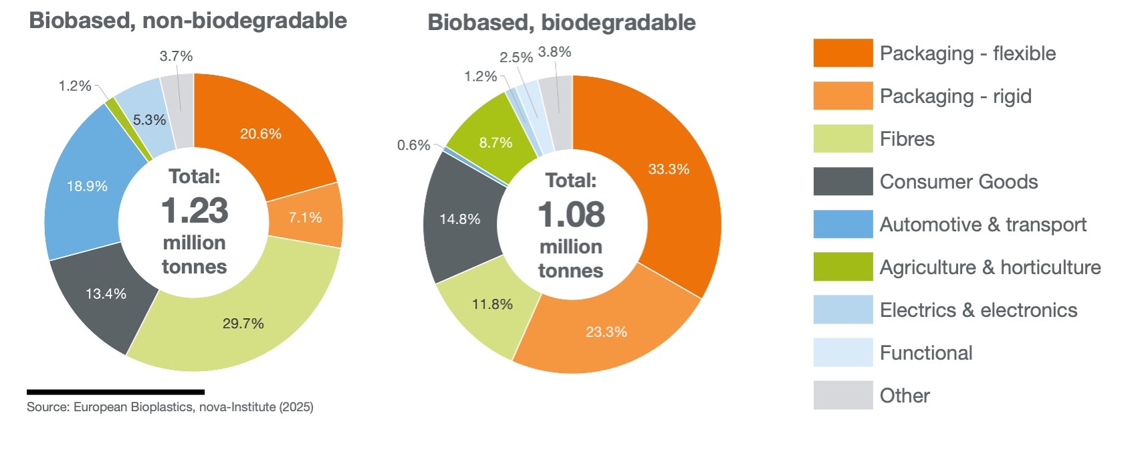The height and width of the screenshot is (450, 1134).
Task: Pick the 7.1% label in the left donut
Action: [x=305, y=217]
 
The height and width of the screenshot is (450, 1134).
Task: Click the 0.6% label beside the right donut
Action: [x=413, y=145]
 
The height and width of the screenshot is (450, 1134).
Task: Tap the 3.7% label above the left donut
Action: [x=176, y=56]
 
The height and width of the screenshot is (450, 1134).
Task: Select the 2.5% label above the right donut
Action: [x=516, y=58]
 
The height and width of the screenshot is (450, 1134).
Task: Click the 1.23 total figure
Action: [x=195, y=211]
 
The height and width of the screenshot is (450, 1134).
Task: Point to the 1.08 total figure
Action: [x=571, y=215]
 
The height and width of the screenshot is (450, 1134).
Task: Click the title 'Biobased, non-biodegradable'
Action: [x=188, y=20]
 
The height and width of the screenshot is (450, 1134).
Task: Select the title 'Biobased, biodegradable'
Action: [x=561, y=23]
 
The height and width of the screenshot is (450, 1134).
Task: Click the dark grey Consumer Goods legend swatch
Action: [x=842, y=181]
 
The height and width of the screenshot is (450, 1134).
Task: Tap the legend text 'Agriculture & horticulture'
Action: [x=990, y=267]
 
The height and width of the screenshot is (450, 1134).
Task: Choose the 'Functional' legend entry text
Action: [x=926, y=353]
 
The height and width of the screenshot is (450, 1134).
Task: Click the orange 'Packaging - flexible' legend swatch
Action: [x=842, y=53]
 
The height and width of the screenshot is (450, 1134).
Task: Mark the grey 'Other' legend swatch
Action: [x=842, y=395]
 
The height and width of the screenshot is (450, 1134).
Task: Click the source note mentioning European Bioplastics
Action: [x=170, y=407]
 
